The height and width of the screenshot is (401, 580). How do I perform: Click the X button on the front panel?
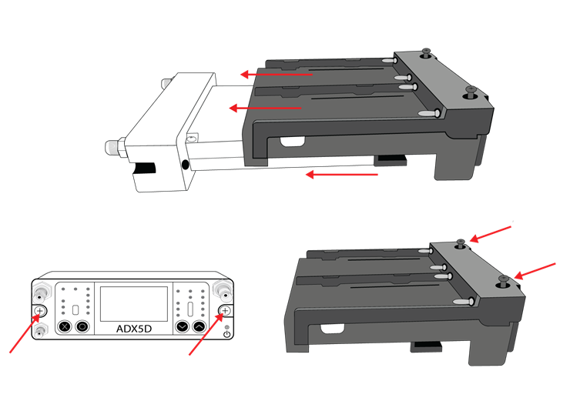click(x=65, y=326)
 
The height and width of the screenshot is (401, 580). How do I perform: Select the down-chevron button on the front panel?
click(x=182, y=326)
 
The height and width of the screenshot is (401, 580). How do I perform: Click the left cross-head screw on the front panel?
click(x=39, y=311)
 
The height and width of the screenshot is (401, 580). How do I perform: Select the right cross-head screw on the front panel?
click(x=224, y=311)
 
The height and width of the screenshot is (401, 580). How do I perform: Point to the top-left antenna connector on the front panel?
click(x=39, y=292)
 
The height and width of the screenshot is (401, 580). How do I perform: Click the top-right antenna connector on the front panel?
click(x=223, y=291)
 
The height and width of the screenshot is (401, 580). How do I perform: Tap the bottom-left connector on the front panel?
click(x=39, y=329)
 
